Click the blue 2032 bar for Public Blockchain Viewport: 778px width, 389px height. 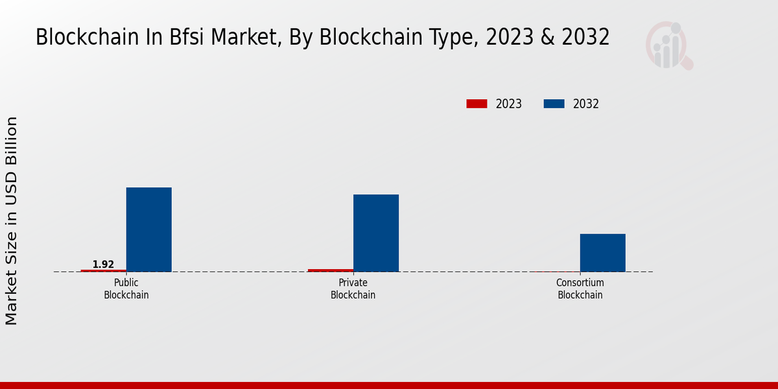tap(148, 230)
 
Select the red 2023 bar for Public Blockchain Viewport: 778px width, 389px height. tap(103, 270)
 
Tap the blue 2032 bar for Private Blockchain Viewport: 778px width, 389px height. tap(375, 233)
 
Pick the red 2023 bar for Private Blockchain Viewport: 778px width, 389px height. tap(331, 270)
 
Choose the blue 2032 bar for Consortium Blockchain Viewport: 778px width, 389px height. tap(602, 253)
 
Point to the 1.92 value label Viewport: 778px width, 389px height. tap(103, 265)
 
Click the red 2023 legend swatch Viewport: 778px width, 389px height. tap(477, 104)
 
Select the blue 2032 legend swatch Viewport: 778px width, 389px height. tap(554, 104)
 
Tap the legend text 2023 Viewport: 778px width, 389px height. tap(509, 104)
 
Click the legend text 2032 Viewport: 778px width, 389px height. tap(586, 104)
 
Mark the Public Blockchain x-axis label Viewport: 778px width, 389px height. tap(126, 289)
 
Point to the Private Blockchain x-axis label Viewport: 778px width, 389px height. tap(353, 289)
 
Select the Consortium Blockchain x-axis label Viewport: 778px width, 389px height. tap(580, 289)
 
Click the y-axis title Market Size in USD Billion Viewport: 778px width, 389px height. tap(12, 220)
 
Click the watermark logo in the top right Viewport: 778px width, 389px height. tap(668, 45)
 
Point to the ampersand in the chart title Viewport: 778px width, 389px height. tap(548, 38)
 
